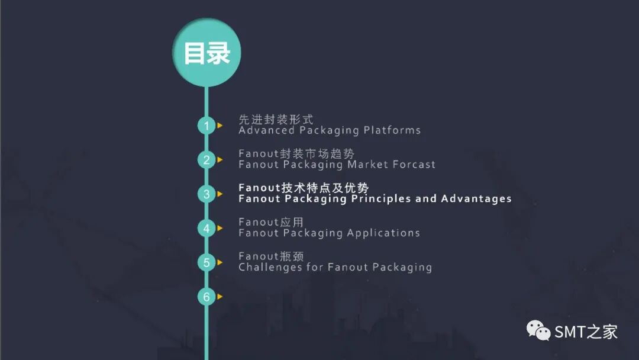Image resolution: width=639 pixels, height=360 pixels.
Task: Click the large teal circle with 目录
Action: (206, 53)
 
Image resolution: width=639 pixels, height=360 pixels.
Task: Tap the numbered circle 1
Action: (206, 126)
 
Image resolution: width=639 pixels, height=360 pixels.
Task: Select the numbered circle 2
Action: (206, 160)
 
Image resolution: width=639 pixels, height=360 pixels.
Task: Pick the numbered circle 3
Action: (206, 194)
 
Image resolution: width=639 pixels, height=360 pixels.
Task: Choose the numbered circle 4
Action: (206, 229)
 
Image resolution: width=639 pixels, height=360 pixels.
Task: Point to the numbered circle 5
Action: (206, 263)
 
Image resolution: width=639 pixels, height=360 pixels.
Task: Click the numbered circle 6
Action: (206, 297)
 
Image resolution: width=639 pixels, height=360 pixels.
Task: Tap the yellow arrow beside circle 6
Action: (220, 297)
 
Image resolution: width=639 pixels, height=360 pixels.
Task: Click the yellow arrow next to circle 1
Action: (220, 125)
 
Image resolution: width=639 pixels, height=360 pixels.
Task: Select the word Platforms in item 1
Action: (392, 130)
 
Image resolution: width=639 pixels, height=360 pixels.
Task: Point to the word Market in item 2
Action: (367, 165)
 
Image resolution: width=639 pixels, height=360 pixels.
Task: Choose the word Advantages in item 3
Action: (476, 199)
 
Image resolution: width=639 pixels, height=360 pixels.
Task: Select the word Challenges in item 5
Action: (269, 268)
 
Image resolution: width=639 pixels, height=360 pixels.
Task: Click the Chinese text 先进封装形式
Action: (276, 120)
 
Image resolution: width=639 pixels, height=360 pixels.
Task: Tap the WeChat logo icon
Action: (538, 331)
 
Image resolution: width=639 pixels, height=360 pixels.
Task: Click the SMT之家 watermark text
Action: (586, 332)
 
